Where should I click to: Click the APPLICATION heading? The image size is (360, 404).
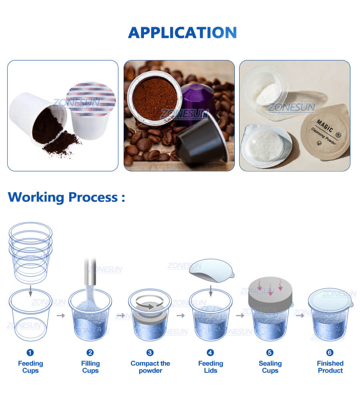point(182,33)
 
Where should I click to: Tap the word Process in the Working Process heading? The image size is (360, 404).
point(93,197)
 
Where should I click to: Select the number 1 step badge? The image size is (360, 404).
point(30,352)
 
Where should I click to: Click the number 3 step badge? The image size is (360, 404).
point(150,352)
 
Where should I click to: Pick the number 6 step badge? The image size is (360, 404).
point(330,352)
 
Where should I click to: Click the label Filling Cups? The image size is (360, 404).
point(90,367)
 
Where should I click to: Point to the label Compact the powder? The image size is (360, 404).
point(150,367)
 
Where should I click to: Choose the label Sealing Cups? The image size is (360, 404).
point(270,367)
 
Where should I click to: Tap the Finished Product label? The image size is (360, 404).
point(330,367)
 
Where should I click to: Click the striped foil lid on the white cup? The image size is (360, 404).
point(90,99)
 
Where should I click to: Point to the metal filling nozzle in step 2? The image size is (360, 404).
point(90,271)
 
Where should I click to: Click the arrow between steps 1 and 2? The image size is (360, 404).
point(61,316)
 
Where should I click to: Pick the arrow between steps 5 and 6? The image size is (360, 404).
point(300,316)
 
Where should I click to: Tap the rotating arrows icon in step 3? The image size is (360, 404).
point(150,302)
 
